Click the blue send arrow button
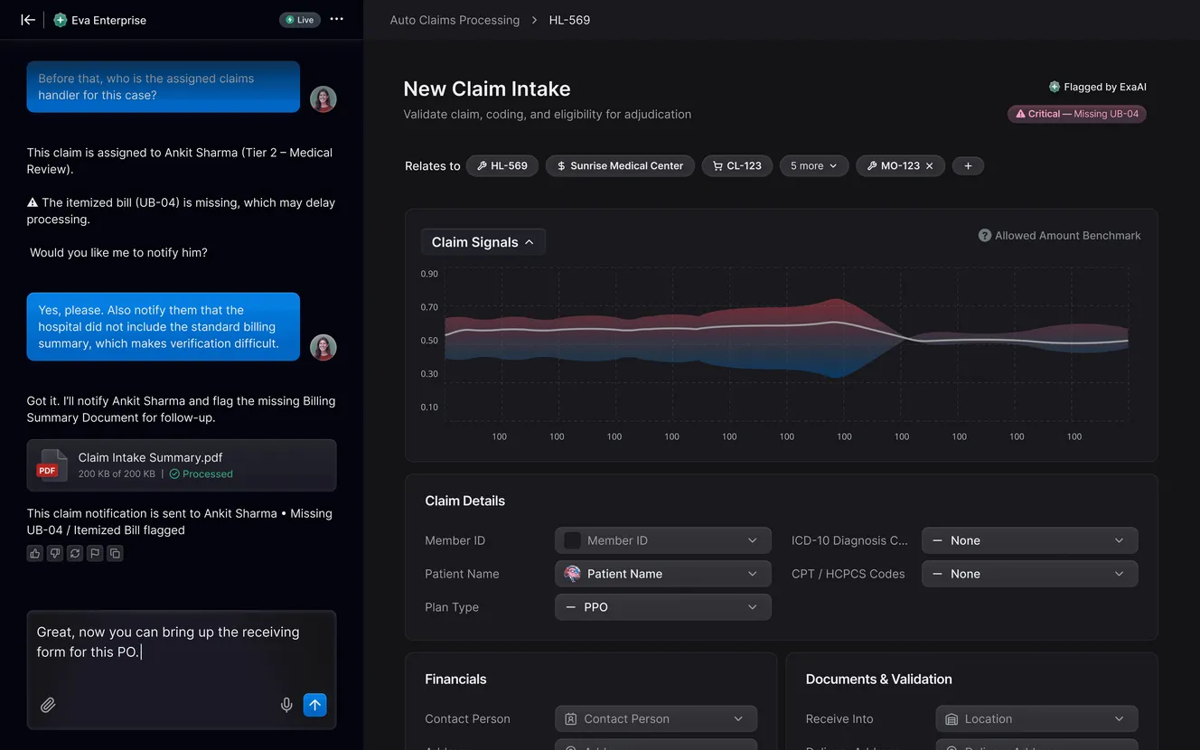[x=314, y=705]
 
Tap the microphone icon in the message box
[x=286, y=705]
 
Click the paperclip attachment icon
[x=48, y=705]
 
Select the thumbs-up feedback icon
[x=35, y=553]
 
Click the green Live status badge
[x=299, y=20]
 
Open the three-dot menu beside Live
[x=336, y=19]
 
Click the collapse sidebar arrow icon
[x=27, y=20]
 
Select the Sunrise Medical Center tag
[x=620, y=166]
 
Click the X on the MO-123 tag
[x=930, y=166]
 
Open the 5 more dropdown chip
[x=814, y=166]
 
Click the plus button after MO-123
[x=968, y=166]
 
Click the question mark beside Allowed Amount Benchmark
[x=985, y=236]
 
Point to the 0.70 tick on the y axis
[x=429, y=307]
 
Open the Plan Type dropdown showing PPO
[x=662, y=607]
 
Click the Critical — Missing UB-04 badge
[x=1077, y=114]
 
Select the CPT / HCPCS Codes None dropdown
[x=1029, y=574]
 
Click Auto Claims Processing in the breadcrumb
[x=455, y=20]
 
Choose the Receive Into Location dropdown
[x=1036, y=719]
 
